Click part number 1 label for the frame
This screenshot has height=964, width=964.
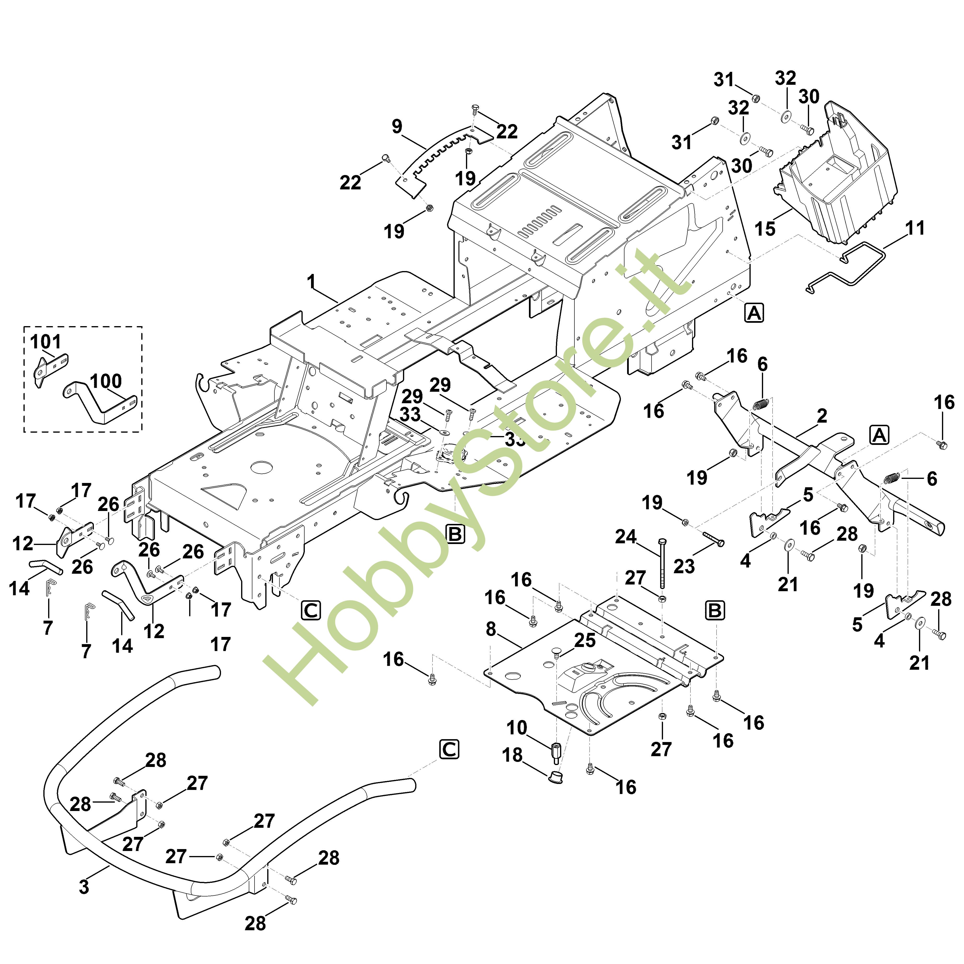pyautogui.click(x=311, y=282)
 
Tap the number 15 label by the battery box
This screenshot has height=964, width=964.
pyautogui.click(x=765, y=229)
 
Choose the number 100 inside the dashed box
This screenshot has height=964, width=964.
pyautogui.click(x=106, y=381)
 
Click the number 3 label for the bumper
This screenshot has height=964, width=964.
pyautogui.click(x=84, y=887)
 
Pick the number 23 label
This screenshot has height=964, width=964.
pyautogui.click(x=684, y=566)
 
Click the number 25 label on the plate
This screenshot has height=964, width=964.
pyautogui.click(x=585, y=640)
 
